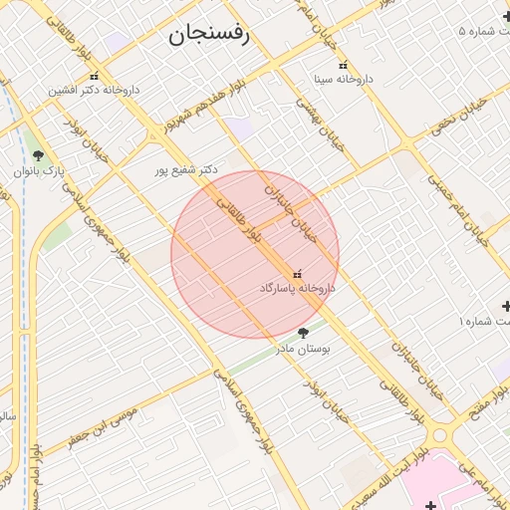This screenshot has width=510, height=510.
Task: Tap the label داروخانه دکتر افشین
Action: [x=96, y=90]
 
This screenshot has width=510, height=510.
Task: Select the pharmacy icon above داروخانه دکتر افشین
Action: [x=95, y=76]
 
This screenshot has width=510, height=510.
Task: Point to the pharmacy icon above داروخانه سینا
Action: [x=344, y=65]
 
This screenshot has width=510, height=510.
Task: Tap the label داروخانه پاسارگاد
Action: [x=297, y=287]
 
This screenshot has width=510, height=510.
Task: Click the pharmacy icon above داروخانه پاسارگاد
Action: [x=297, y=273]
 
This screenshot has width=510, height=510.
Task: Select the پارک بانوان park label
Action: [x=39, y=170]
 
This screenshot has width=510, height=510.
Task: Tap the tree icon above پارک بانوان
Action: [x=38, y=155]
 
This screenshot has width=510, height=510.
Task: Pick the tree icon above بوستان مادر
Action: [x=304, y=333]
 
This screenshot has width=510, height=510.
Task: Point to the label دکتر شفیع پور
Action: [x=185, y=170]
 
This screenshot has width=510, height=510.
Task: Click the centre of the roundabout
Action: [x=440, y=435]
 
